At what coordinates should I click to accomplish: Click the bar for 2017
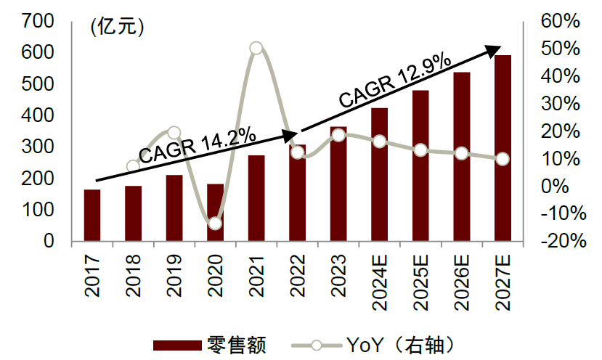[x=92, y=215]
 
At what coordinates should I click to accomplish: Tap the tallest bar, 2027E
[x=503, y=148]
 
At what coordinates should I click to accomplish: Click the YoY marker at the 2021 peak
[x=256, y=49]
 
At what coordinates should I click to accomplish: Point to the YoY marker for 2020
[x=215, y=224]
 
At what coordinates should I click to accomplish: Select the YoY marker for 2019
[x=174, y=133]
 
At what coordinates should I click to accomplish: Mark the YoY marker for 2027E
[x=503, y=159]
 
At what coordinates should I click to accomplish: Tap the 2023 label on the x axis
[x=339, y=274]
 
